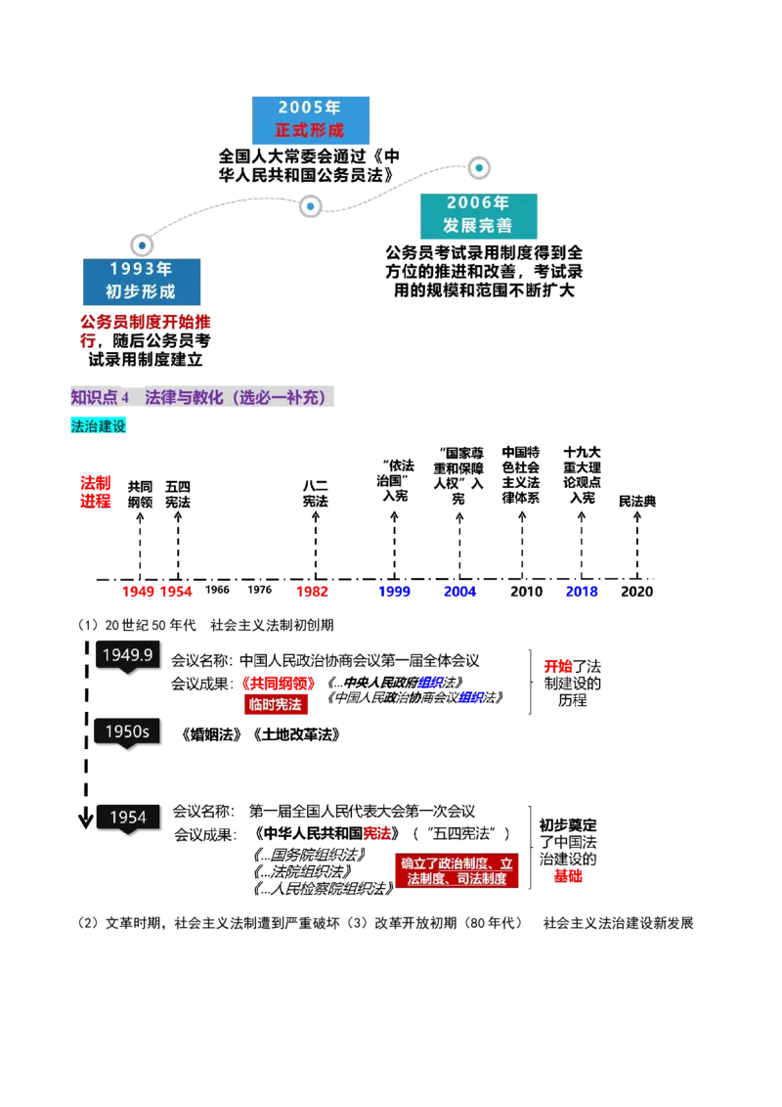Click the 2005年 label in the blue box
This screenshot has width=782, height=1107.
[311, 109]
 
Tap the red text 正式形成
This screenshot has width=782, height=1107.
[311, 130]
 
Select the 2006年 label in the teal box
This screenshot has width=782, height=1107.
[477, 203]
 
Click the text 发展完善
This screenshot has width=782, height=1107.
[477, 226]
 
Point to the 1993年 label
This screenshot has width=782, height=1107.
[141, 269]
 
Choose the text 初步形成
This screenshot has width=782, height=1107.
[141, 291]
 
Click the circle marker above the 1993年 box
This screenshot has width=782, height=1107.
[142, 244]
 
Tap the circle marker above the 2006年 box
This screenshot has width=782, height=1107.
[478, 168]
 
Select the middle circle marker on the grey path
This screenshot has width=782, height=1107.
[310, 206]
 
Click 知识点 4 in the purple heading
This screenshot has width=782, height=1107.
[100, 398]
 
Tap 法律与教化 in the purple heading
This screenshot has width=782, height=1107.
[185, 398]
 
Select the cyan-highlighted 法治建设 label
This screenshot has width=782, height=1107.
[100, 426]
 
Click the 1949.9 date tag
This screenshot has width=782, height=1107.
[128, 655]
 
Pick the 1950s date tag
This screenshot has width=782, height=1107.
[127, 731]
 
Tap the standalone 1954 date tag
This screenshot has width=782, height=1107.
[128, 818]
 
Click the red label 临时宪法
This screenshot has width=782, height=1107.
[276, 705]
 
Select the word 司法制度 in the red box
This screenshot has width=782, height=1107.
[482, 879]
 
